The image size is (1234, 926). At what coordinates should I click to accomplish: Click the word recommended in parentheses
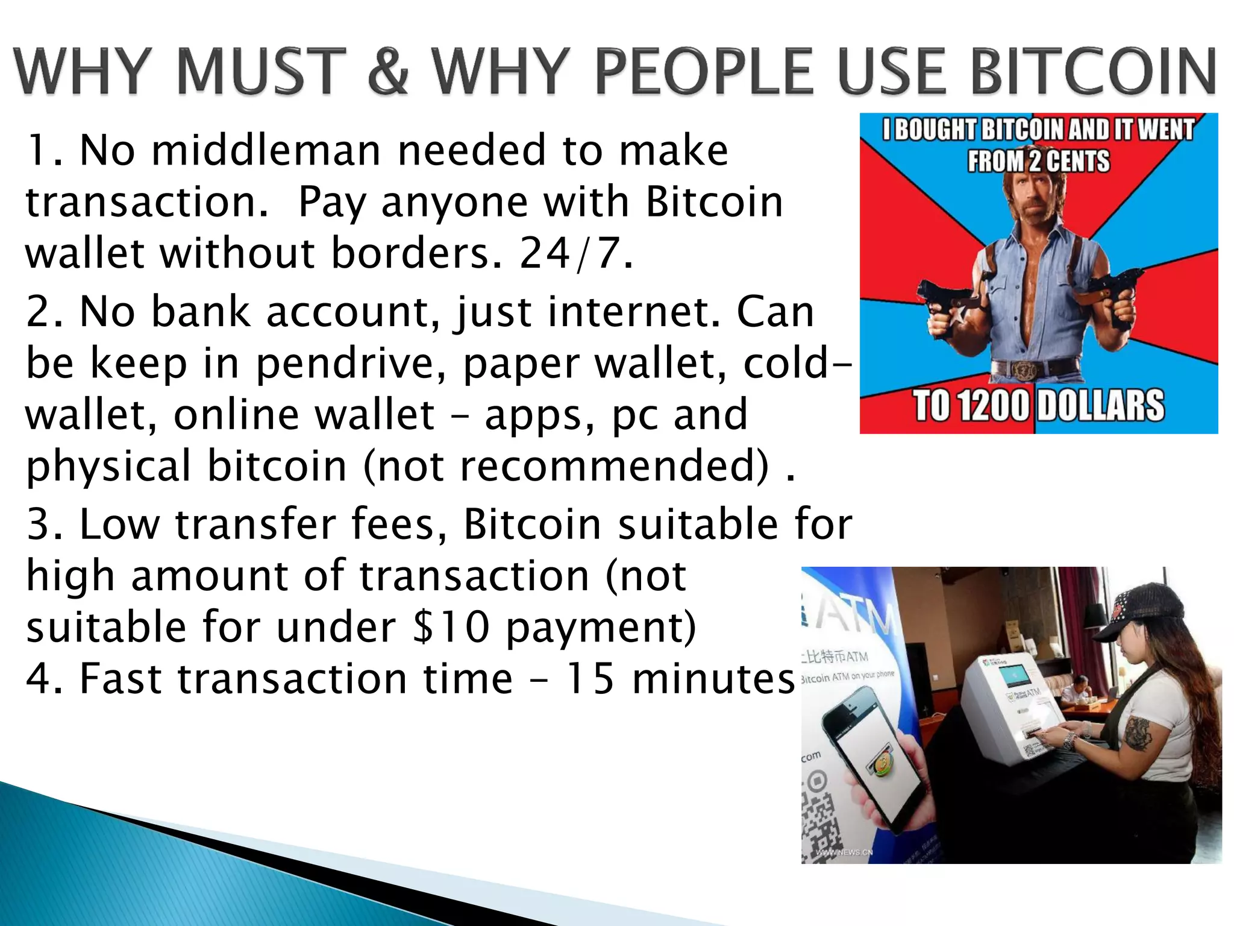click(x=614, y=466)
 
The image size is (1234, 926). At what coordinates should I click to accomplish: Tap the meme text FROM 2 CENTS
click(x=1038, y=161)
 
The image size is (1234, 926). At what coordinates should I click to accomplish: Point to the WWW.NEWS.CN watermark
click(x=844, y=852)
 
